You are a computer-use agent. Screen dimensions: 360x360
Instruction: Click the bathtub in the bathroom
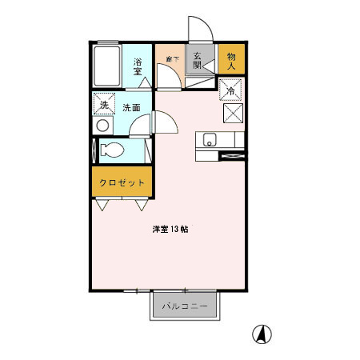pyautogui.click(x=106, y=64)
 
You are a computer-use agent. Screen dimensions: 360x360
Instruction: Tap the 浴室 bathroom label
pyautogui.click(x=138, y=66)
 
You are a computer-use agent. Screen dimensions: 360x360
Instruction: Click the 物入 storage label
pyautogui.click(x=231, y=61)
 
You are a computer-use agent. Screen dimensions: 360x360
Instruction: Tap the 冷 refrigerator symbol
pyautogui.click(x=231, y=91)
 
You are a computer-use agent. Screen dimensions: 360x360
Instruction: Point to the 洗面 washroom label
pyautogui.click(x=131, y=107)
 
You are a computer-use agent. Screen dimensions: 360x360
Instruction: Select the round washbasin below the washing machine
pyautogui.click(x=102, y=126)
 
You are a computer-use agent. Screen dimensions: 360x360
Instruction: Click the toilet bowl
pyautogui.click(x=113, y=150)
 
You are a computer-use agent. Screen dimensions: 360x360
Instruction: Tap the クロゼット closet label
pyautogui.click(x=122, y=182)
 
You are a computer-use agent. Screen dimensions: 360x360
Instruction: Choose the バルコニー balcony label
pyautogui.click(x=185, y=306)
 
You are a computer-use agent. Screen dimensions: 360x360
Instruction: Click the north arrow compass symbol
pyautogui.click(x=261, y=333)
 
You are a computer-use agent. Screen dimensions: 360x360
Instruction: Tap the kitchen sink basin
pyautogui.click(x=210, y=140)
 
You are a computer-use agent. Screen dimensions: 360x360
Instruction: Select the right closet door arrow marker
pyautogui.click(x=142, y=206)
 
